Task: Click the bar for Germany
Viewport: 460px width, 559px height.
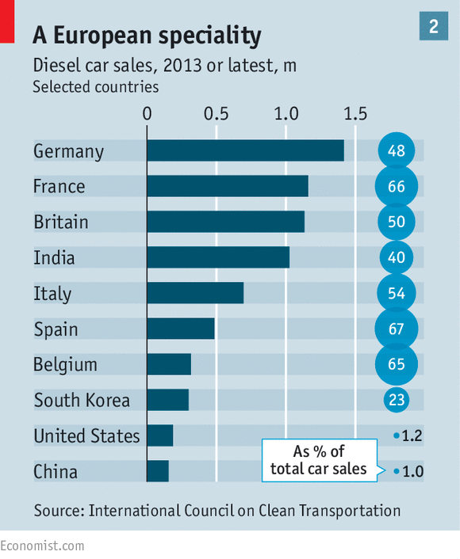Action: [x=246, y=150]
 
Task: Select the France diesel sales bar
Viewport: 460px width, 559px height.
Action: [x=228, y=186]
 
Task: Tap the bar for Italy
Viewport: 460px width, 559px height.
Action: [x=195, y=293]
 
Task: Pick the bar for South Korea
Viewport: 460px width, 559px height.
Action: [x=168, y=400]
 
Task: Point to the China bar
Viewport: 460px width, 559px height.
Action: [x=158, y=471]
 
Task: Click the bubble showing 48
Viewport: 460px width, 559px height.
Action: [x=397, y=150]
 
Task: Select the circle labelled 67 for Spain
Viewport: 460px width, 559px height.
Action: [x=397, y=329]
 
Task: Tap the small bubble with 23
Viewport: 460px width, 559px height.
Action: [x=397, y=400]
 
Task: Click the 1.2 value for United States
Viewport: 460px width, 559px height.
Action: [x=412, y=435]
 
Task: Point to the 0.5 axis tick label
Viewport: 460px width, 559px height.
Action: [x=216, y=114]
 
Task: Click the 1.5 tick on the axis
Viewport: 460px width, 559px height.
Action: [x=355, y=114]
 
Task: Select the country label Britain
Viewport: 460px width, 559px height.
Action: [x=61, y=222]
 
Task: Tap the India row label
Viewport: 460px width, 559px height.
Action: [x=54, y=257]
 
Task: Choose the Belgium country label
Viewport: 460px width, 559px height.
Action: [x=65, y=365]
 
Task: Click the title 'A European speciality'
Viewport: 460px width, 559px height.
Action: [x=147, y=36]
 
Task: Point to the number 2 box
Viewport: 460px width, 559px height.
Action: [x=434, y=26]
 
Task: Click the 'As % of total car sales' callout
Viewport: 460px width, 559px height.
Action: [x=320, y=460]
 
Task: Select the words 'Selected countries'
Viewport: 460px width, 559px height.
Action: [x=96, y=87]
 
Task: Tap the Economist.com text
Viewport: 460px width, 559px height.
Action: [x=42, y=546]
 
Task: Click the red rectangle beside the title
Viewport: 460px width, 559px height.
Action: [x=7, y=21]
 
